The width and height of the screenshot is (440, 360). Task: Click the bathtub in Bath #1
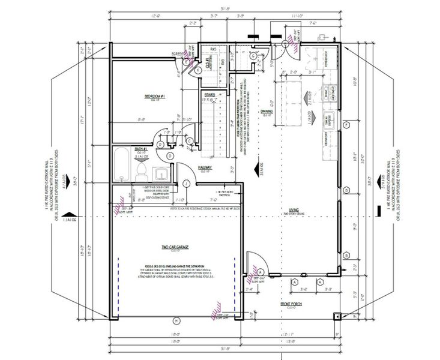(x=122, y=164)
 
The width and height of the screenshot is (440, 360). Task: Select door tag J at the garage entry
(x=187, y=183)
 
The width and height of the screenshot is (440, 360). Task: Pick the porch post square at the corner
(x=337, y=316)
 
